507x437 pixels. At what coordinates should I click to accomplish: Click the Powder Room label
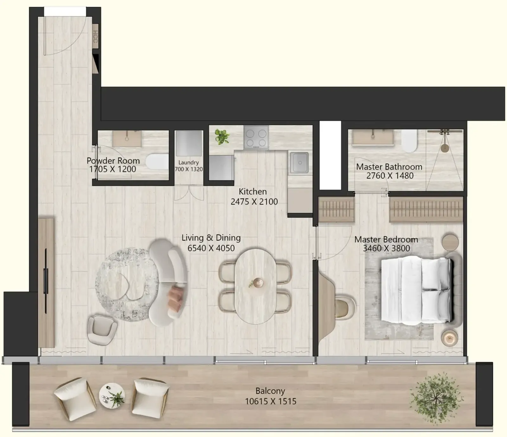tap(113, 161)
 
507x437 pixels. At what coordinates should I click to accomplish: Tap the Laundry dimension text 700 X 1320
tap(189, 169)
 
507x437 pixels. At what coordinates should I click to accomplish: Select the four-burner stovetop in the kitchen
tap(256, 137)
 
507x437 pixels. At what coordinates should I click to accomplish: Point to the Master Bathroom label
tap(389, 167)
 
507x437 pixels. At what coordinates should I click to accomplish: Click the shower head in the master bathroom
tap(445, 148)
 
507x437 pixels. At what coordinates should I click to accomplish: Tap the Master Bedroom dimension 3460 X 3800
tap(386, 248)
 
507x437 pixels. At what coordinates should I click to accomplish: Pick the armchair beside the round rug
tap(102, 330)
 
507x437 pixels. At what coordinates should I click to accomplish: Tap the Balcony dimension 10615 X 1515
tap(271, 402)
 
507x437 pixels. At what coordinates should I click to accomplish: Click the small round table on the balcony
tap(112, 396)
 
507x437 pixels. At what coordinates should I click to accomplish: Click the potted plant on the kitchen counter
tap(222, 137)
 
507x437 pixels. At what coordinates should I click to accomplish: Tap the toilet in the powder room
tap(157, 162)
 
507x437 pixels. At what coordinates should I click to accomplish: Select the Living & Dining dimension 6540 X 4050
tap(211, 248)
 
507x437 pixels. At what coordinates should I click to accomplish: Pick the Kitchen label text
tap(253, 192)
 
